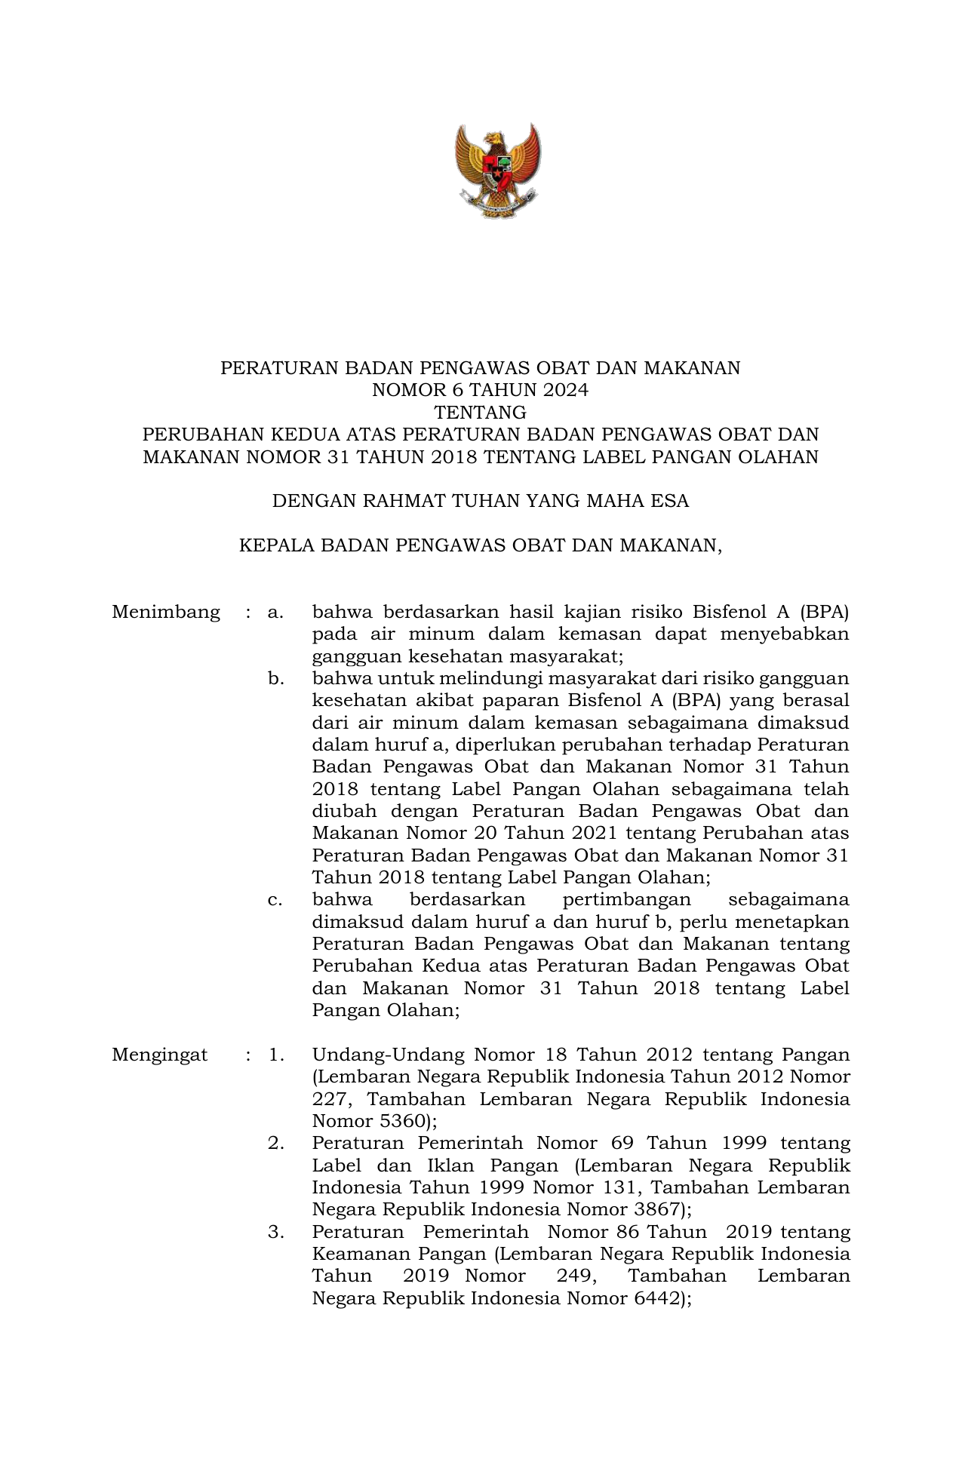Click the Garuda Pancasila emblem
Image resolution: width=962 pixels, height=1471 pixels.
[497, 171]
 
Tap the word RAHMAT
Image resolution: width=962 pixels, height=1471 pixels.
[405, 501]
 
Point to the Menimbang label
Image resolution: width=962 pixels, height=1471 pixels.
[166, 612]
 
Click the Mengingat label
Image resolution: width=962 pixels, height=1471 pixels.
[160, 1055]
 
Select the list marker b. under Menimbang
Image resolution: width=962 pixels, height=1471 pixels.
[275, 678]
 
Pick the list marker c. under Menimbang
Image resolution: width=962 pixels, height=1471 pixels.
[275, 900]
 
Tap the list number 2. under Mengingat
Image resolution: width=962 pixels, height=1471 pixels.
[275, 1143]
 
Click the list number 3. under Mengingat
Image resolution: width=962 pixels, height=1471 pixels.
[275, 1232]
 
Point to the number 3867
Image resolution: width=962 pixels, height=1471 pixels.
[653, 1209]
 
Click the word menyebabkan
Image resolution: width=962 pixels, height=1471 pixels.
[785, 634]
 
